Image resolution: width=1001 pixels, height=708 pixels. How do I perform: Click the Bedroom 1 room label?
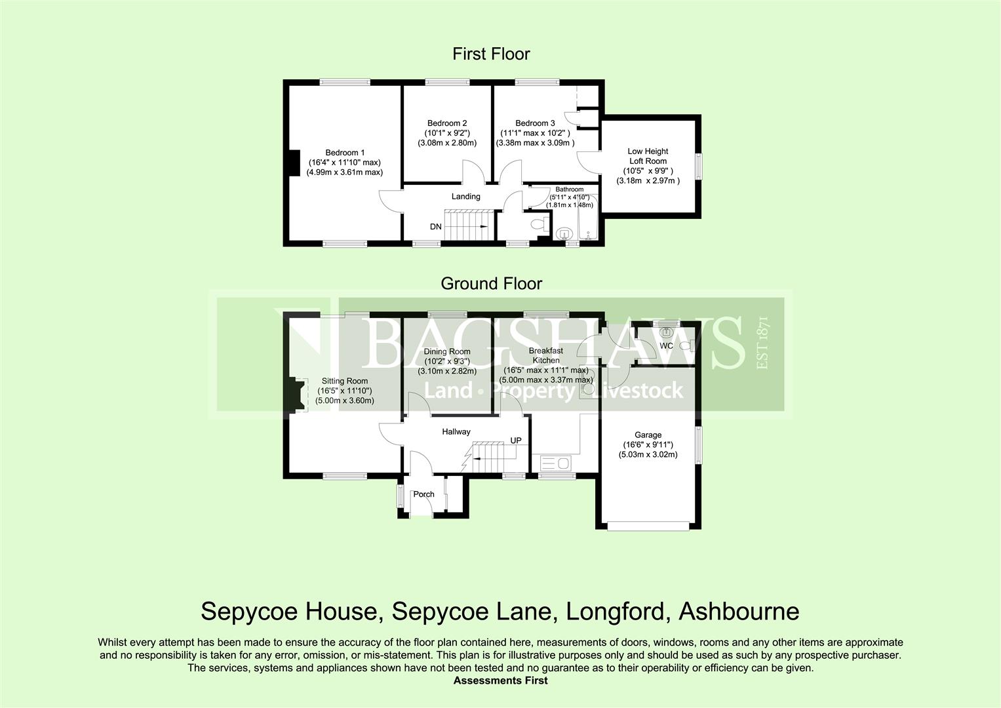point(345,153)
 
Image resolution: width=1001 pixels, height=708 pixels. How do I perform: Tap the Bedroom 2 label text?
point(446,123)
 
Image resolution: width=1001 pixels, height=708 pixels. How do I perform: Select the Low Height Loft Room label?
point(647,156)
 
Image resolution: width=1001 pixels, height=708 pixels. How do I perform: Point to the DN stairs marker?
point(436,227)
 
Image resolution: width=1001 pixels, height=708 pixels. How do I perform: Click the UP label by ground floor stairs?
point(516,441)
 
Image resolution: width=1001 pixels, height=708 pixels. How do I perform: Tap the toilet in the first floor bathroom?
point(540,225)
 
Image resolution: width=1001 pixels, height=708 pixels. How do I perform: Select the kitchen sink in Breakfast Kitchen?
point(555,463)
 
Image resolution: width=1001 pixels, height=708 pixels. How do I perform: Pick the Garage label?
point(648,435)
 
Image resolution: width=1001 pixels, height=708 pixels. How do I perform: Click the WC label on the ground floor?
point(666,345)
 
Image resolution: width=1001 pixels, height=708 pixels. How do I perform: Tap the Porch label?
point(423,494)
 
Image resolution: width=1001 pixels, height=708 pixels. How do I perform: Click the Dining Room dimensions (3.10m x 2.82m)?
point(446,370)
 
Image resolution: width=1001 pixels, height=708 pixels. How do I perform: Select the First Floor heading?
point(491,54)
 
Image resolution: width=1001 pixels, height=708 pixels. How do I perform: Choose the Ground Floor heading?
point(491,283)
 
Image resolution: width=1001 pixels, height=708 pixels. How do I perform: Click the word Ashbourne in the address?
point(739,612)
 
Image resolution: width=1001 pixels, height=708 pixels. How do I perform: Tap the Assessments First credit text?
point(500,680)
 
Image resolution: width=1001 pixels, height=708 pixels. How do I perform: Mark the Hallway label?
point(456,431)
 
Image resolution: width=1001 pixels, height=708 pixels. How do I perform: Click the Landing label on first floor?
point(465,196)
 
